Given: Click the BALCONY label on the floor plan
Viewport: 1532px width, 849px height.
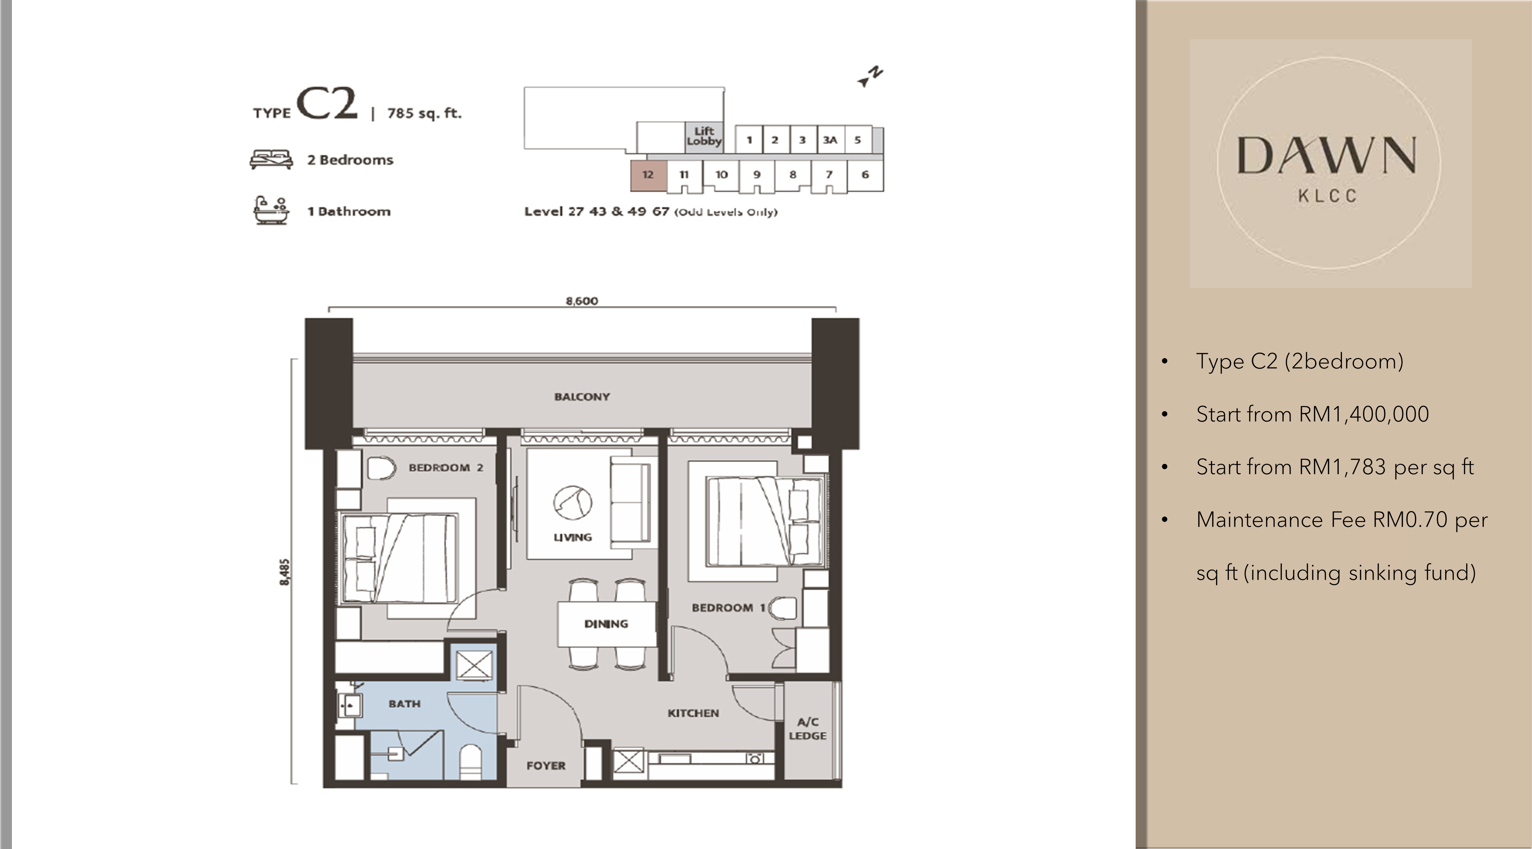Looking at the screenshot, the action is click(x=582, y=397).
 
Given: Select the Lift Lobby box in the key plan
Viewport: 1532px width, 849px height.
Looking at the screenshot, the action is click(x=704, y=136).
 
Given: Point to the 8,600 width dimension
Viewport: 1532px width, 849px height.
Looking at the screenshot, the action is click(x=582, y=301).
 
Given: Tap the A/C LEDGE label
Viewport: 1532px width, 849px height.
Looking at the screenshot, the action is click(x=808, y=729).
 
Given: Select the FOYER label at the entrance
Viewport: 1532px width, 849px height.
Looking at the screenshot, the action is click(x=546, y=766).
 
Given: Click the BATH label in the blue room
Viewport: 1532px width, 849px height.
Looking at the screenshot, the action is click(x=404, y=704).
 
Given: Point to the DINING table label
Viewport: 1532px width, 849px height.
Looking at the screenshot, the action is click(x=606, y=624).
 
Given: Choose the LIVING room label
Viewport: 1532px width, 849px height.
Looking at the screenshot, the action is click(x=573, y=537).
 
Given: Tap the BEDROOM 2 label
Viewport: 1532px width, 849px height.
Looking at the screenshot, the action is click(x=446, y=468).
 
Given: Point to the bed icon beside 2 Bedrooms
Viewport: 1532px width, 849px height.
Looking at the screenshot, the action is click(x=271, y=159).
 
